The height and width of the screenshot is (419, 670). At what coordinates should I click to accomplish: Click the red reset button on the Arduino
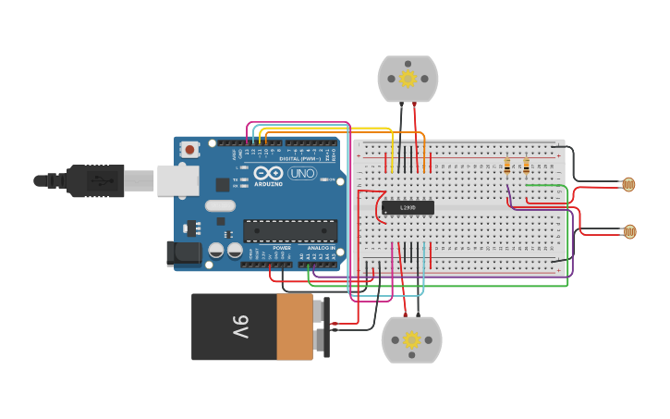[189, 149]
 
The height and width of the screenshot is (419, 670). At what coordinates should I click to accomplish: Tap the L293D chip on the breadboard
[408, 208]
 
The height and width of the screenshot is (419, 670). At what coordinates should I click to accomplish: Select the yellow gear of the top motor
[408, 79]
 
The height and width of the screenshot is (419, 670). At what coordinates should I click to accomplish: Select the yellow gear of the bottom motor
[411, 339]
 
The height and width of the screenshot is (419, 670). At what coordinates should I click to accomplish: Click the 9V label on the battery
[239, 327]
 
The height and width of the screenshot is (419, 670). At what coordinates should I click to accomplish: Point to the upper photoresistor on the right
[628, 185]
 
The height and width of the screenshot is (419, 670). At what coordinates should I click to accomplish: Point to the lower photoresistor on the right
[629, 231]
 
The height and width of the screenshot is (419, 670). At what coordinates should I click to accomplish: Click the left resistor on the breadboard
[507, 166]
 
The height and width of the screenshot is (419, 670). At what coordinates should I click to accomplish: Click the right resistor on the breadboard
[527, 166]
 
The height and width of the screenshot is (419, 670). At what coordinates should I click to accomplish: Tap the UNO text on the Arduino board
[301, 173]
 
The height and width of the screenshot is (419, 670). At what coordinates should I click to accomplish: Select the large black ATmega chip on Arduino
[289, 230]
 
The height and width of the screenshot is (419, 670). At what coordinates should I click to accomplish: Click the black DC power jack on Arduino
[183, 253]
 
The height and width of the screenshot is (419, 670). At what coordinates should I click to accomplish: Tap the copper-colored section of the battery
[296, 327]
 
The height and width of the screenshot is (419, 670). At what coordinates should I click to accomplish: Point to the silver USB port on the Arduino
[177, 180]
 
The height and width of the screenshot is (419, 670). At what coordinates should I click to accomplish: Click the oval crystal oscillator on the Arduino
[220, 206]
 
